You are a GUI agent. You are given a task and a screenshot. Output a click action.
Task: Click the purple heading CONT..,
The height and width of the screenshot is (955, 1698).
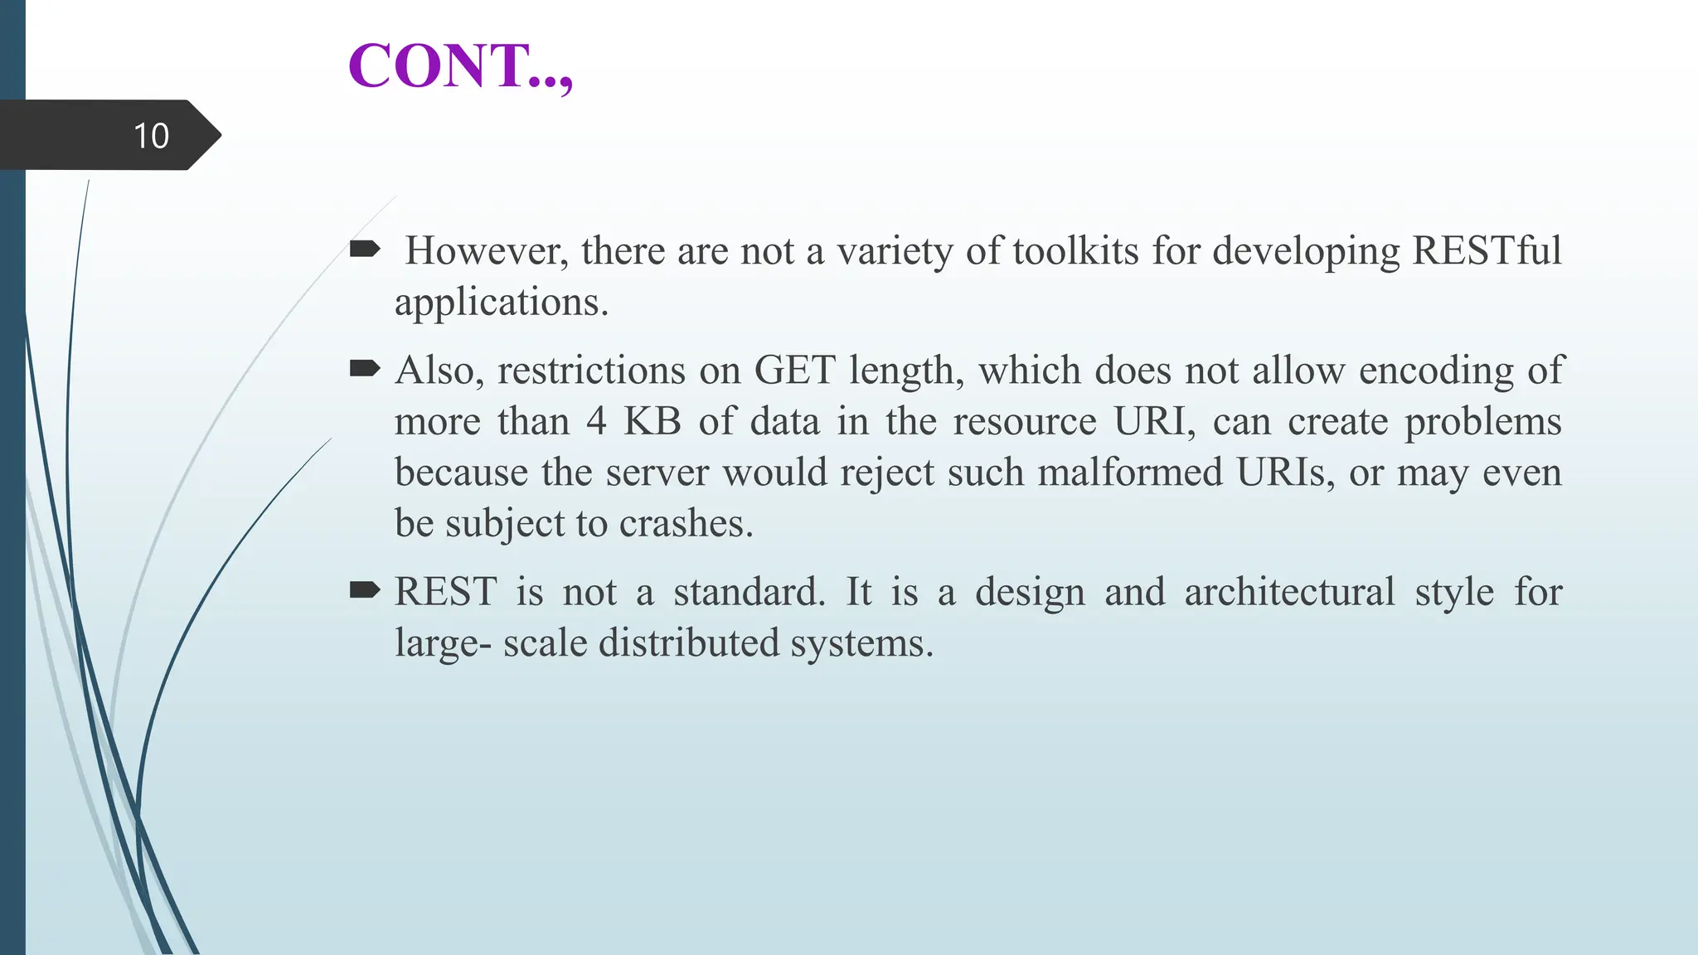click(x=460, y=66)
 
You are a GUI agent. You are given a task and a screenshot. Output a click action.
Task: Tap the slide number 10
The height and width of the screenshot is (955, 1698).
click(x=151, y=136)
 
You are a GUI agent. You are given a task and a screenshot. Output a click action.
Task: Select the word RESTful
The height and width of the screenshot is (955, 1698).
click(x=1486, y=250)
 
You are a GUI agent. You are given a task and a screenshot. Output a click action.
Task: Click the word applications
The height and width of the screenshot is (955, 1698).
click(x=501, y=302)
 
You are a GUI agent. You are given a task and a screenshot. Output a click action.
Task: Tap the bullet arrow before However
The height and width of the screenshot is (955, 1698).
click(x=365, y=248)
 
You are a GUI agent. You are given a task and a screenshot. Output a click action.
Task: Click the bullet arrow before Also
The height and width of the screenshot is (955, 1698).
click(x=365, y=367)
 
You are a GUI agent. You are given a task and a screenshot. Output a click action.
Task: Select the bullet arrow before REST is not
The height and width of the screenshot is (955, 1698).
click(x=365, y=589)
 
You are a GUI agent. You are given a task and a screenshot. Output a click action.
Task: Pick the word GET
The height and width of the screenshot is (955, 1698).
click(x=793, y=370)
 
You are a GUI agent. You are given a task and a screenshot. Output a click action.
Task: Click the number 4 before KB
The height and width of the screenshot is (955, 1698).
click(x=596, y=421)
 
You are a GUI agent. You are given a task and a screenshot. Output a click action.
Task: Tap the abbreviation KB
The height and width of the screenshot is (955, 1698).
click(x=652, y=421)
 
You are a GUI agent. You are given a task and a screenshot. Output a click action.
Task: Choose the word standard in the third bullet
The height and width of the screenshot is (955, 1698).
click(x=749, y=592)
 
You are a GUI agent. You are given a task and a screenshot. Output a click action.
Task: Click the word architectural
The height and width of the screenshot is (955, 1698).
click(x=1289, y=592)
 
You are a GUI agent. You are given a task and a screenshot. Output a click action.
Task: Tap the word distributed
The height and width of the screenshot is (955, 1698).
click(x=689, y=643)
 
